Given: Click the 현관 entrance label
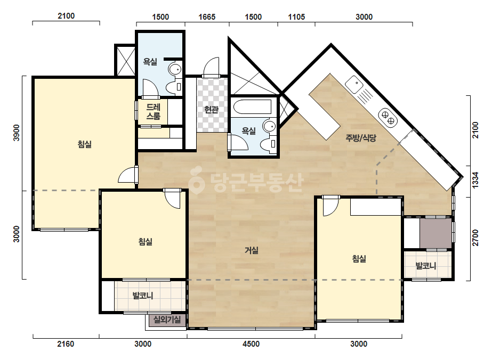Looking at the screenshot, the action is click(x=211, y=110).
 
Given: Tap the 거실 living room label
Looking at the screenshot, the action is click(x=252, y=250).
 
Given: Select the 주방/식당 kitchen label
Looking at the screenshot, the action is click(x=361, y=138).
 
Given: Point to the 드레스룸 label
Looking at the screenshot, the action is click(x=153, y=112).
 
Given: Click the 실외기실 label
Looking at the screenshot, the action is click(x=167, y=320).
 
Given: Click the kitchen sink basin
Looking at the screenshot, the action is click(x=354, y=84).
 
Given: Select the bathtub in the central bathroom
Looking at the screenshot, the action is click(x=252, y=107).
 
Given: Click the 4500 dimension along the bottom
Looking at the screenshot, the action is click(x=251, y=344).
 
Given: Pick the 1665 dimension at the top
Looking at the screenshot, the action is click(x=207, y=17).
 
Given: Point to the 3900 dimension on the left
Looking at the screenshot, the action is click(x=17, y=133).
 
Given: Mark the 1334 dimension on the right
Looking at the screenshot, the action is click(x=475, y=180).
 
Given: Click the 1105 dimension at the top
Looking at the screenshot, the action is click(x=296, y=17).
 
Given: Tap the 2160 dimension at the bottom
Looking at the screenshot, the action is click(x=66, y=344).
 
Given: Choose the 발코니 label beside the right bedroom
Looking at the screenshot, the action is click(x=426, y=266).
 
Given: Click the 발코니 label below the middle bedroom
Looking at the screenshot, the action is click(x=143, y=296).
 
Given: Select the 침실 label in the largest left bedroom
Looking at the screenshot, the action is click(x=84, y=144).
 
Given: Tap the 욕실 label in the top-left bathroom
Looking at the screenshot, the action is click(x=150, y=62).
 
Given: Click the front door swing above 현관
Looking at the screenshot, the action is click(x=211, y=67).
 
